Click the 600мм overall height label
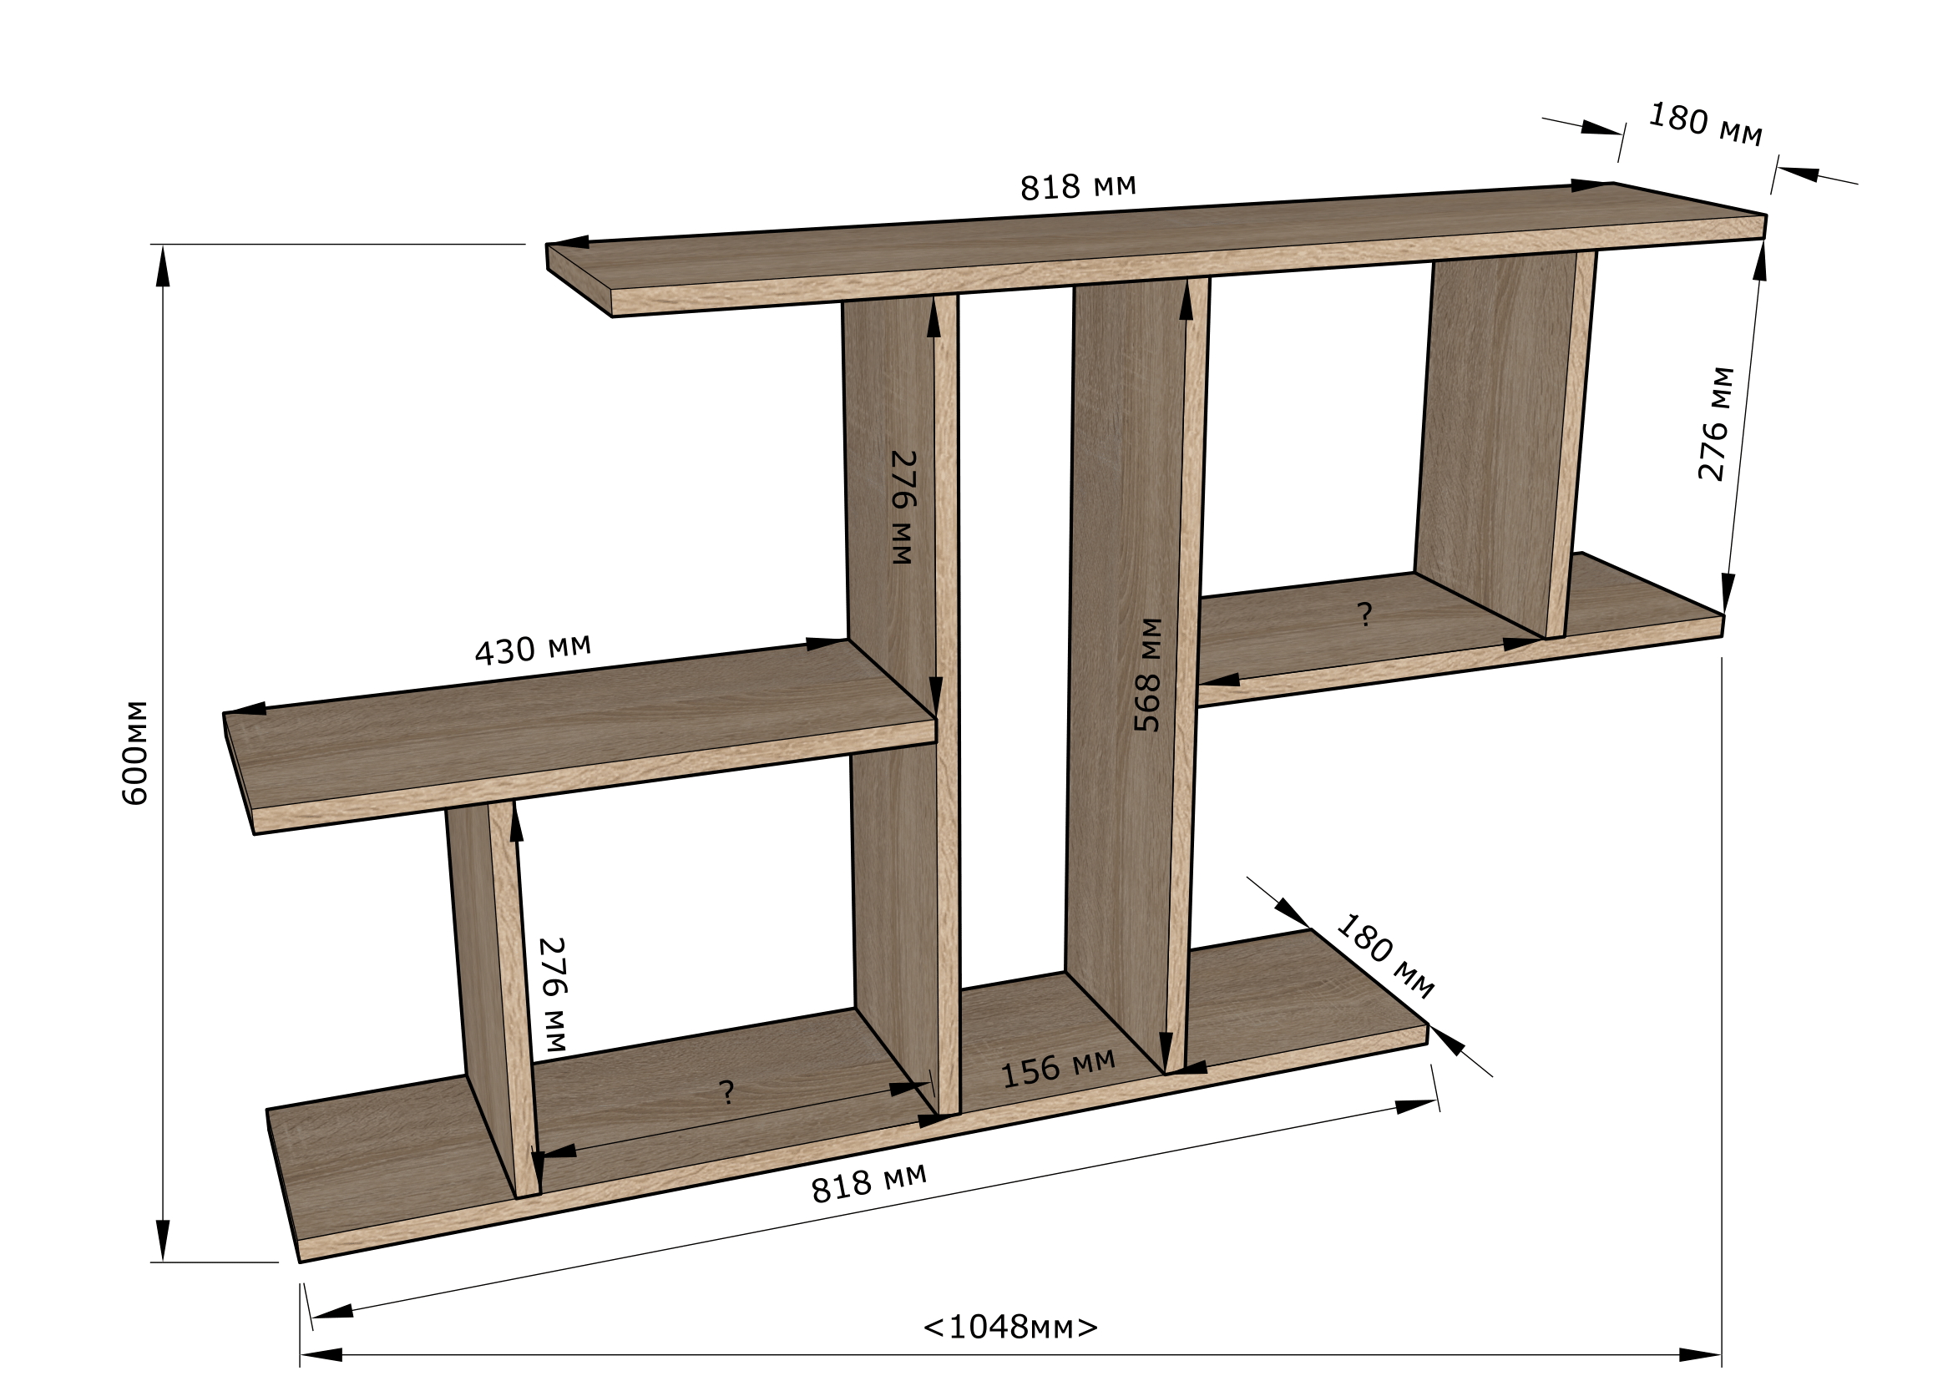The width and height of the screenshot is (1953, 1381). pyautogui.click(x=134, y=752)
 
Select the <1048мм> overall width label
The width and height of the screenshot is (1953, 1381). pyautogui.click(x=1010, y=1326)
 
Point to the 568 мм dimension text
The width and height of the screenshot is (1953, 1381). pyautogui.click(x=1147, y=675)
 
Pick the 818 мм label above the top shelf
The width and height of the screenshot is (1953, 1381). pyautogui.click(x=1079, y=186)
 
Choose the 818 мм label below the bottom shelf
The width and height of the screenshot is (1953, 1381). pyautogui.click(x=869, y=1184)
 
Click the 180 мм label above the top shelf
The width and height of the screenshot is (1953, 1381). pyautogui.click(x=1706, y=124)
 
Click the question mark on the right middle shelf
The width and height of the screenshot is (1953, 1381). pyautogui.click(x=1365, y=613)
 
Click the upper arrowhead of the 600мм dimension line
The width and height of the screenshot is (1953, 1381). pyautogui.click(x=163, y=266)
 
